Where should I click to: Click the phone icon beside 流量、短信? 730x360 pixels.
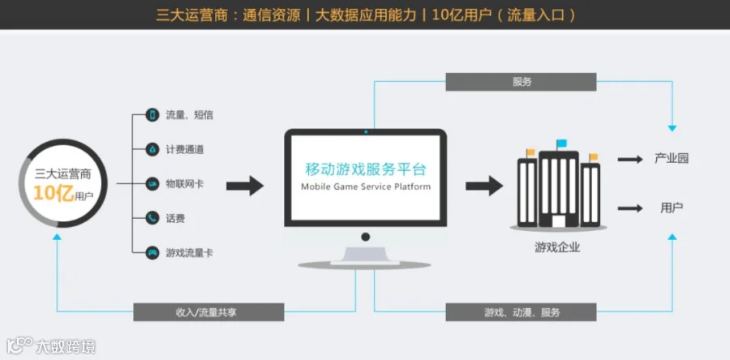pos(152,115)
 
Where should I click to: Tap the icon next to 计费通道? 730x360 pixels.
pos(152,149)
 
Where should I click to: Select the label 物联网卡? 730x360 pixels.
pos(184,184)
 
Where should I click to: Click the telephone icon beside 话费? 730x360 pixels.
pos(152,218)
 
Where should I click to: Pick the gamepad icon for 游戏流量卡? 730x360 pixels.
pos(152,253)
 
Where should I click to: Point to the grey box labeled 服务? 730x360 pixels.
pos(521,82)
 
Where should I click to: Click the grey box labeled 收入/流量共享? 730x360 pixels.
pos(208,312)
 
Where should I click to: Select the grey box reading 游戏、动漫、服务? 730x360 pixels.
pos(521,312)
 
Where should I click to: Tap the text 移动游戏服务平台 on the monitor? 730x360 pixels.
pos(365,169)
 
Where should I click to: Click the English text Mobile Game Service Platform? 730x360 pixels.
pos(365,186)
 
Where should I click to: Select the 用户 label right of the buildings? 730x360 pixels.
pos(672,208)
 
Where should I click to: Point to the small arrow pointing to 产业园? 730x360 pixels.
pos(629,159)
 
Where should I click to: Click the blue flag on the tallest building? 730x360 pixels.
pos(562,144)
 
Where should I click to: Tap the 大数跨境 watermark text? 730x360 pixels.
pos(65,347)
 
